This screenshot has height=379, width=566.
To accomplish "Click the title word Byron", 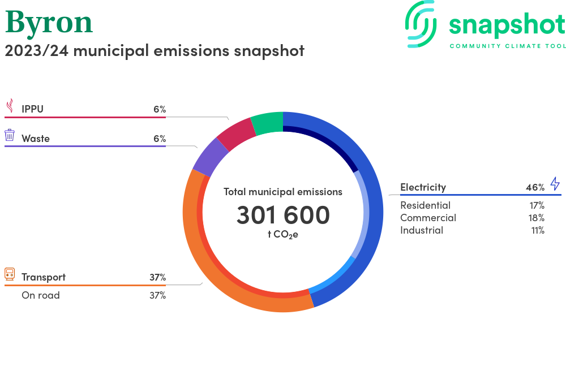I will [49, 23].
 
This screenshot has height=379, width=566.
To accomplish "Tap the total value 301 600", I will [283, 216].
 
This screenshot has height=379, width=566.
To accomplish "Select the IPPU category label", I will [32, 109].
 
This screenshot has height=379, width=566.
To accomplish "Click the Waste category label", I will [36, 139].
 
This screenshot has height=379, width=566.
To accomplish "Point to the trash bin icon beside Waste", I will [10, 135].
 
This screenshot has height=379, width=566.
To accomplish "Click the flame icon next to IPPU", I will [10, 106].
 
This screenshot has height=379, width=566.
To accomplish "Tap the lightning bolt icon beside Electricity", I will [555, 184].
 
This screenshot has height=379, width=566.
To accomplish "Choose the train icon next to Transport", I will [10, 274].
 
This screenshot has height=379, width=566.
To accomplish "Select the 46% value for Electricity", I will [535, 187].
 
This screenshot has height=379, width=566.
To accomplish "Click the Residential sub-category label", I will [425, 205].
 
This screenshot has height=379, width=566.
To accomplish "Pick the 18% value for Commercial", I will [537, 218].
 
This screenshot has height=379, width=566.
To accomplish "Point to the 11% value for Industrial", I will [537, 230].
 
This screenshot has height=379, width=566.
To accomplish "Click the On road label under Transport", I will [41, 295].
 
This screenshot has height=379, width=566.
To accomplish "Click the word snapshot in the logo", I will [507, 25].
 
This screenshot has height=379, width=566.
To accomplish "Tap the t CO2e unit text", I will [283, 234].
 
